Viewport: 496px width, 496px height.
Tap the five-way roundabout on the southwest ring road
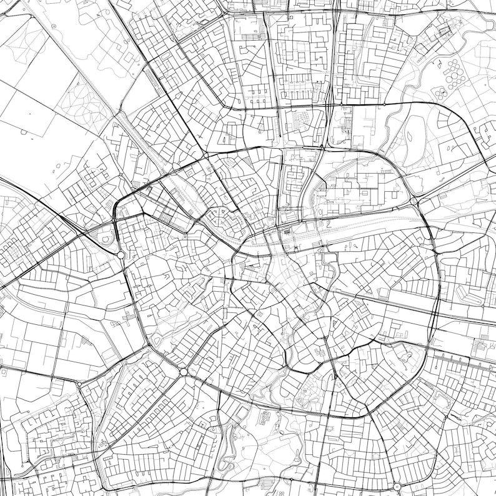[184, 372]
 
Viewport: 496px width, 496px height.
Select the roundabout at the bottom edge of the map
[397, 487]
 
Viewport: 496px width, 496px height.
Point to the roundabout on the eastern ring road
[414, 201]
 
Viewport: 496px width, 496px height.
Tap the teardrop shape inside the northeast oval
[413, 134]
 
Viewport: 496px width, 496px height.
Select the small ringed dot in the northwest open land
[54, 26]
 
